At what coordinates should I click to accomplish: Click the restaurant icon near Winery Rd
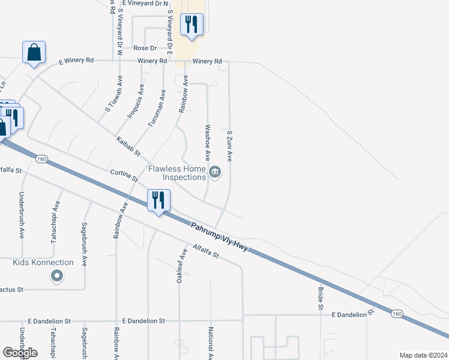(x=191, y=25)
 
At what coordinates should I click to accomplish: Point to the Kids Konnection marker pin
(x=57, y=276)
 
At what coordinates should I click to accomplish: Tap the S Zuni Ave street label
(x=229, y=146)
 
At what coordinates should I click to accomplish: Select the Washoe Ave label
(x=208, y=143)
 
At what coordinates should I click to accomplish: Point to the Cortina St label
(x=124, y=176)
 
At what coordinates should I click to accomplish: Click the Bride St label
(x=321, y=298)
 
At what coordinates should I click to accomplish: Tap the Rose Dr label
(x=145, y=48)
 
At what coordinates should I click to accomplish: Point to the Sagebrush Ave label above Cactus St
(x=84, y=245)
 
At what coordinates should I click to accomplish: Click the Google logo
(x=20, y=353)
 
